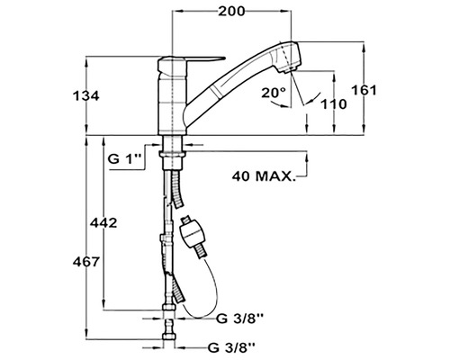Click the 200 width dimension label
[x=231, y=12]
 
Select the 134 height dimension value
[x=86, y=96]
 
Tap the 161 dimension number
[x=364, y=90]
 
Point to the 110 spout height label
[x=334, y=104]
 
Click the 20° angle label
[x=274, y=93]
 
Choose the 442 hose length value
[x=103, y=222]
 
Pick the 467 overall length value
[x=86, y=262]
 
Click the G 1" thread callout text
[x=124, y=159]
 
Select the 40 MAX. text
[x=264, y=176]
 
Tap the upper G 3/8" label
[x=240, y=319]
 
